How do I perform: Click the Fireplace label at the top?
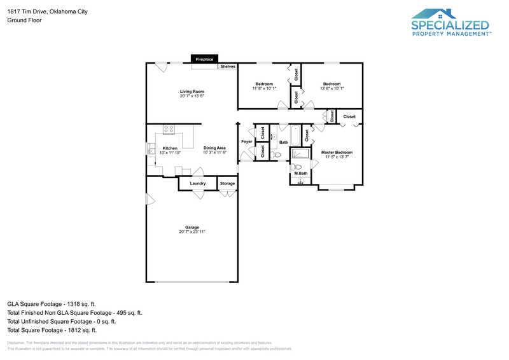point(204,59)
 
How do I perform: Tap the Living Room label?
point(192,92)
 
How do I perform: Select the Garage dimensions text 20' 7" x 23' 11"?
point(192,232)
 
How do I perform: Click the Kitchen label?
point(170,148)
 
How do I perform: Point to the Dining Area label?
point(214,148)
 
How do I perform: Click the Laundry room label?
point(197,184)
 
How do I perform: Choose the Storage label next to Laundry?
point(227,184)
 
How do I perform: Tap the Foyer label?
point(246,141)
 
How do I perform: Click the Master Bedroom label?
point(337,153)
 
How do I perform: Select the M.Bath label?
point(301,174)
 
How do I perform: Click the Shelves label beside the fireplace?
point(228,66)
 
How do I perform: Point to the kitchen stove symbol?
point(169,129)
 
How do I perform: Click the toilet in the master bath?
point(299,167)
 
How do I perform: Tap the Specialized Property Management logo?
point(450,24)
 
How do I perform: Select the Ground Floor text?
point(24,20)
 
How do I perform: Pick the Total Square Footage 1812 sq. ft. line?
point(52,330)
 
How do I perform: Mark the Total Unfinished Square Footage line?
point(61,321)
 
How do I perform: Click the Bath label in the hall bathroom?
point(284,142)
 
